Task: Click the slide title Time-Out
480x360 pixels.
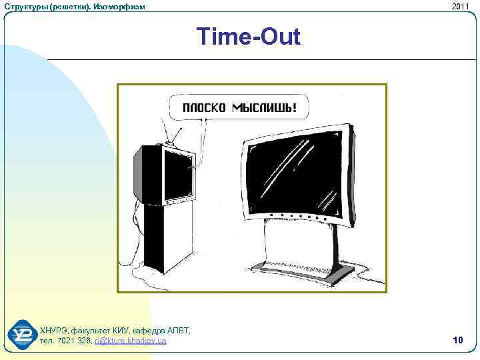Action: (x=249, y=37)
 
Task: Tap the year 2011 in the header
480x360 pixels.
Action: (x=460, y=6)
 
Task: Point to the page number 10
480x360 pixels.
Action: (x=457, y=340)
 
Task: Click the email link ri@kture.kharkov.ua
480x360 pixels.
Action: (x=131, y=341)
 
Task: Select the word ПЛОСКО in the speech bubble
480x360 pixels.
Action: (x=204, y=107)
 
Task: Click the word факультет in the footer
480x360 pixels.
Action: (x=90, y=331)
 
